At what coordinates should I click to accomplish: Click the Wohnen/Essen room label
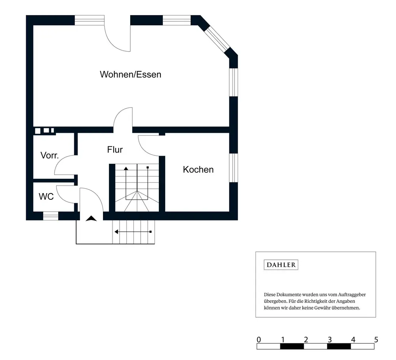click(x=130, y=74)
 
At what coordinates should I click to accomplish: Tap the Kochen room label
click(x=198, y=169)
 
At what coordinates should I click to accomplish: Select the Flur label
click(x=115, y=149)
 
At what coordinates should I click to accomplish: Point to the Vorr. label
click(x=49, y=155)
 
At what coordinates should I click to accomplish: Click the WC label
click(x=46, y=196)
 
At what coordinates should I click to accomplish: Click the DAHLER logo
click(x=281, y=265)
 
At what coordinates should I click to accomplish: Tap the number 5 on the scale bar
click(x=376, y=340)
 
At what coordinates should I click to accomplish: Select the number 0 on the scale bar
click(x=259, y=340)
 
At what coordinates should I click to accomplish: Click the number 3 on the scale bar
click(x=329, y=340)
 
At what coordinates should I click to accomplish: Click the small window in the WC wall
click(x=50, y=216)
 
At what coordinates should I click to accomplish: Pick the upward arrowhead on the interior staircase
click(x=126, y=169)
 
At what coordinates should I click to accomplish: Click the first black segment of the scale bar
click(x=292, y=347)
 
